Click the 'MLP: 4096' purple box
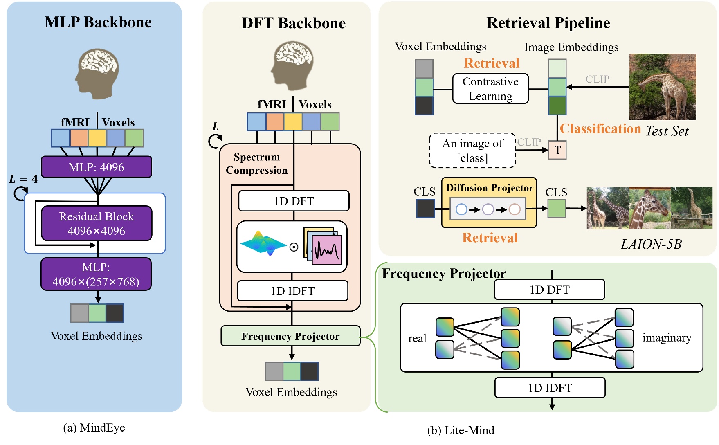pyautogui.click(x=97, y=167)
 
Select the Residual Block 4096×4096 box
pyautogui.click(x=97, y=223)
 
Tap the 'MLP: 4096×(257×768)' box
pyautogui.click(x=96, y=274)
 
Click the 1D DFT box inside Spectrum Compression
pyautogui.click(x=294, y=201)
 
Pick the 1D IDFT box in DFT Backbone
pyautogui.click(x=292, y=291)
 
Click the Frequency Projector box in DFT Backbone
pyautogui.click(x=290, y=336)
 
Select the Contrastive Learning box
pyautogui.click(x=490, y=89)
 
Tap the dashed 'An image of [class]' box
pyautogui.click(x=472, y=151)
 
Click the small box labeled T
pyautogui.click(x=557, y=150)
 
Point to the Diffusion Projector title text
pyautogui.click(x=490, y=188)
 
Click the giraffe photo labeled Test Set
pyautogui.click(x=662, y=87)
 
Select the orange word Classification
pyautogui.click(x=600, y=129)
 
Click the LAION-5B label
pyautogui.click(x=651, y=244)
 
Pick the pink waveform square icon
pyautogui.click(x=327, y=250)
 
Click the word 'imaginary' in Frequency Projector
pyautogui.click(x=667, y=337)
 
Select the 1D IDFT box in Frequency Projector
pyautogui.click(x=550, y=388)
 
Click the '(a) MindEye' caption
pyautogui.click(x=94, y=428)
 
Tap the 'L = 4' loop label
pyautogui.click(x=24, y=179)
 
